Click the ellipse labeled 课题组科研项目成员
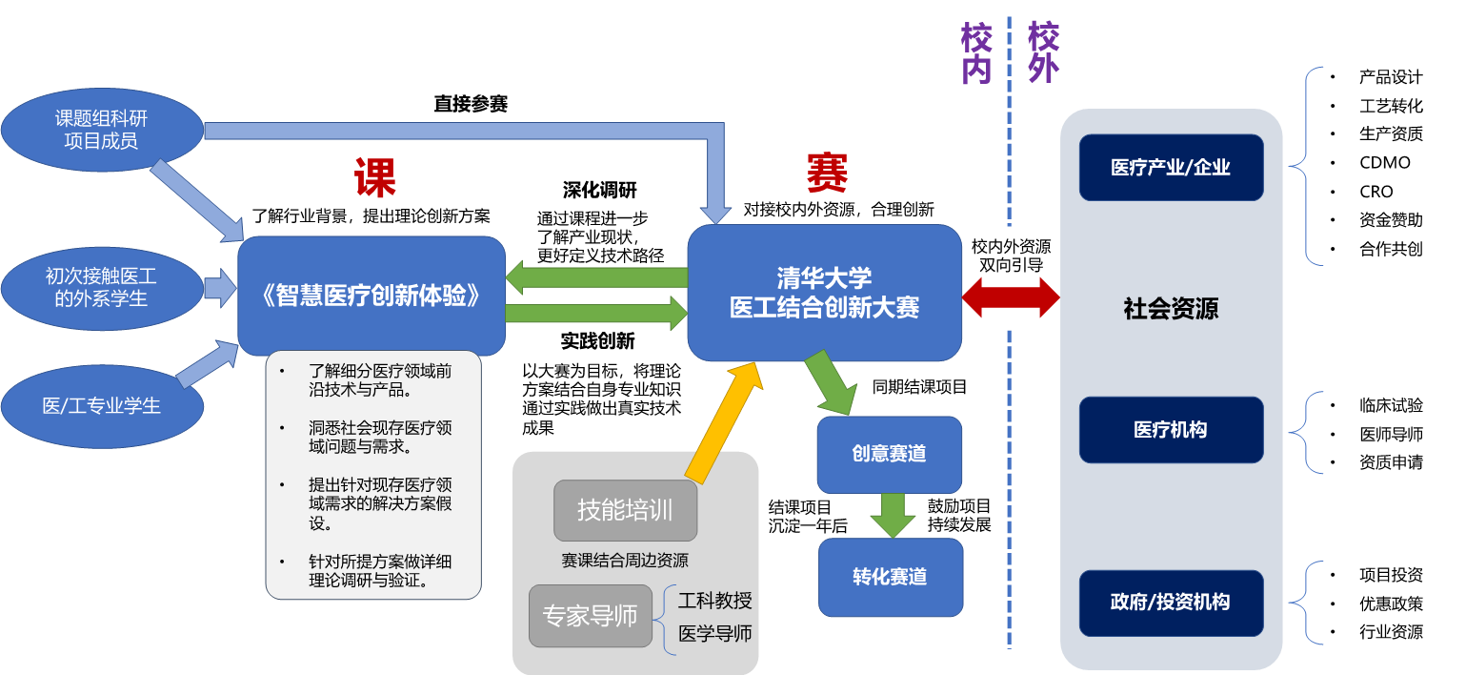102,131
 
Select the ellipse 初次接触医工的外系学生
102,287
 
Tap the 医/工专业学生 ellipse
102,406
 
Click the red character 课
374,177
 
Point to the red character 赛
826,173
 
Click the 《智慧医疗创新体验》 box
371,296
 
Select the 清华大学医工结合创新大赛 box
824,293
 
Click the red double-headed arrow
1011,297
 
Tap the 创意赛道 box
889,454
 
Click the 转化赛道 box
890,577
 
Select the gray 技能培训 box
625,510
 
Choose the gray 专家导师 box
590,616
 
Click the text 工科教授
714,601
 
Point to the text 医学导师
714,633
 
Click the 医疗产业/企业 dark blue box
1171,168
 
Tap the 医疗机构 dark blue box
1171,430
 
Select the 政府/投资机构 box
1171,603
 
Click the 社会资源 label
1171,309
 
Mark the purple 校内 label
976,54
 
